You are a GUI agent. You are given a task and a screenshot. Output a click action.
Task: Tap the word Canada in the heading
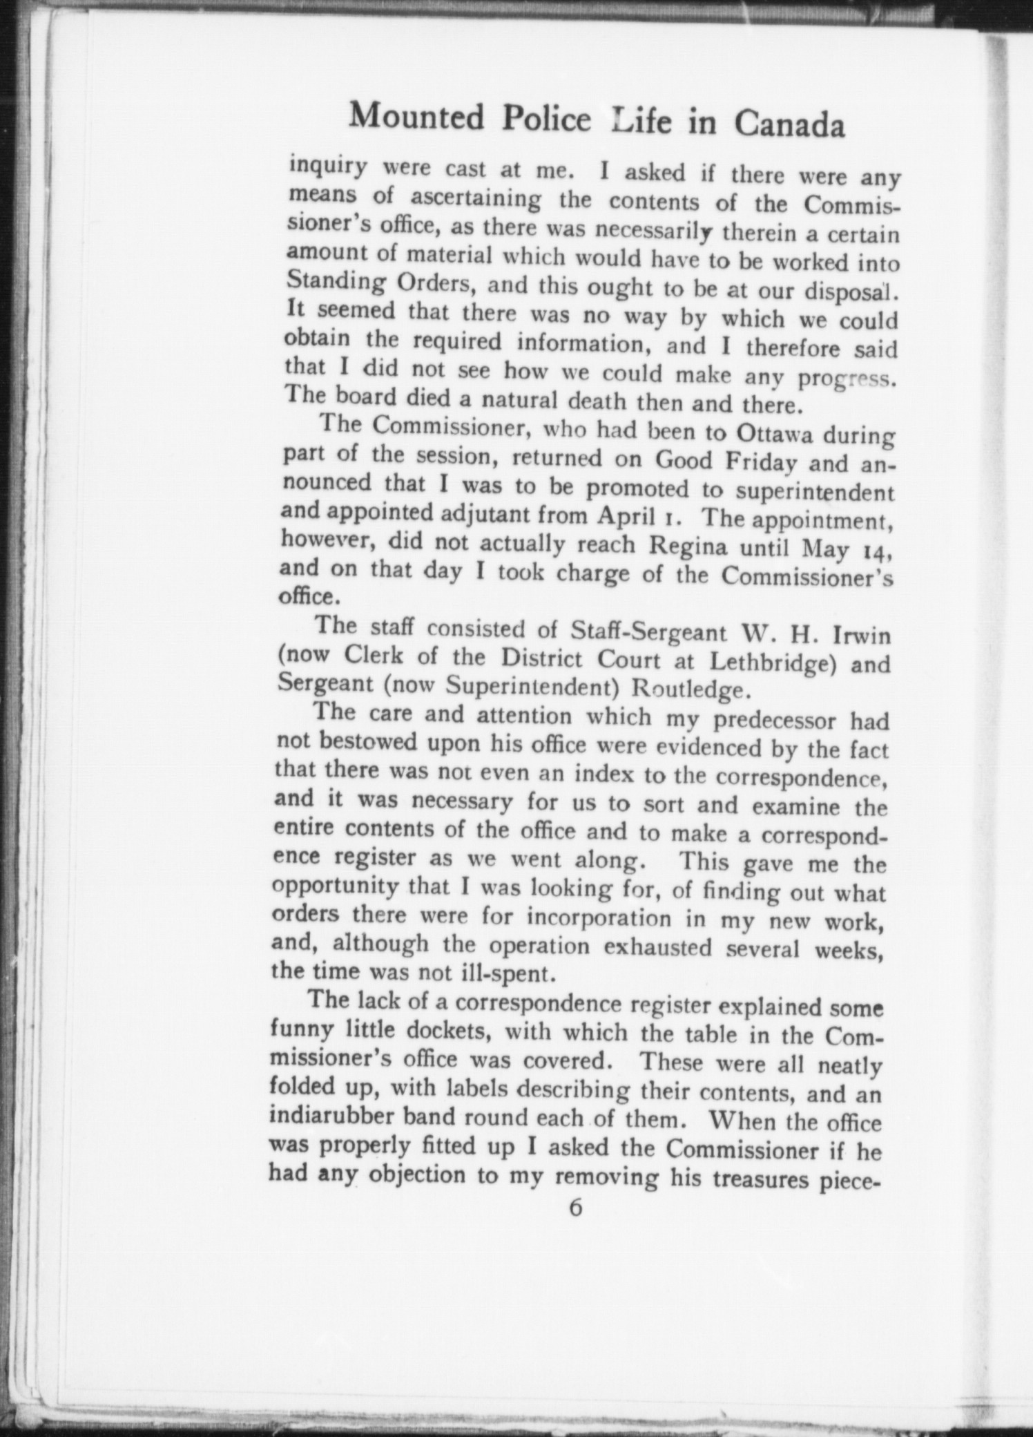click(789, 125)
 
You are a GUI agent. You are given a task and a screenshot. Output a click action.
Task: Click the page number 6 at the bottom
click(575, 1208)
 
